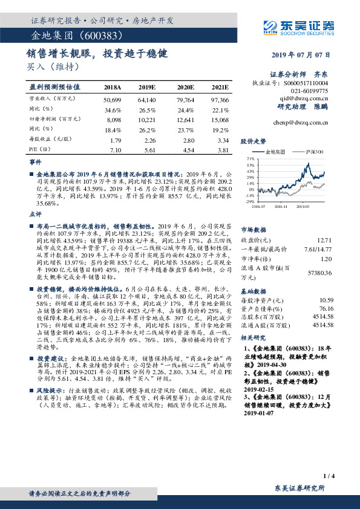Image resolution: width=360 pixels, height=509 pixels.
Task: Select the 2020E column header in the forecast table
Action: [185, 88]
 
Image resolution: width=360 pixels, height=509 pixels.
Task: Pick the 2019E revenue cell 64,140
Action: [147, 99]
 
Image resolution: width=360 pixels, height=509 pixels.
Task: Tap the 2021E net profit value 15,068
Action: [220, 120]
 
